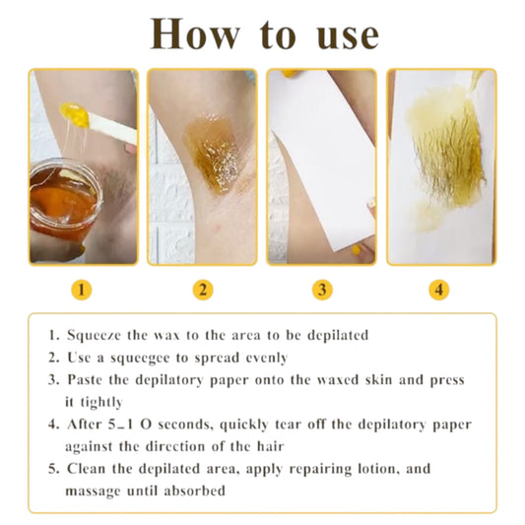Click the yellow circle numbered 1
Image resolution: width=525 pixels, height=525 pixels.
pyautogui.click(x=84, y=290)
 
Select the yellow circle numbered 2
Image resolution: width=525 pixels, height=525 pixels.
pyautogui.click(x=202, y=290)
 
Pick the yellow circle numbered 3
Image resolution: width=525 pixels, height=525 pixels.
pyautogui.click(x=322, y=290)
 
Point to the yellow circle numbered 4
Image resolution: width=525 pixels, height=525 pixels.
pyautogui.click(x=440, y=290)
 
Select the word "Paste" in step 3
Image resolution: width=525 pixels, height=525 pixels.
pyautogui.click(x=87, y=379)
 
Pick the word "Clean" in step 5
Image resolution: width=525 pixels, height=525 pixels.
pyautogui.click(x=87, y=469)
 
